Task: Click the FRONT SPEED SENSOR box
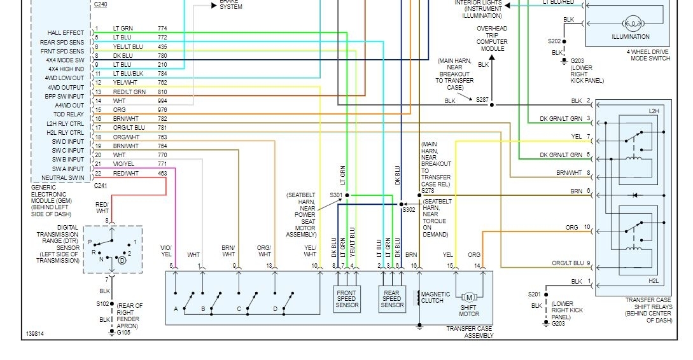(347, 298)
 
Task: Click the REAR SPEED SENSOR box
(392, 298)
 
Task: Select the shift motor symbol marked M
(469, 297)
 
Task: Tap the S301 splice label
(336, 195)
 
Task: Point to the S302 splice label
(409, 209)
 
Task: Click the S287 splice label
(482, 100)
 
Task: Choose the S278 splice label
(428, 190)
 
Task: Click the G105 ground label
(123, 332)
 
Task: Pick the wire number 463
(163, 173)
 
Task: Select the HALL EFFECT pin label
(66, 33)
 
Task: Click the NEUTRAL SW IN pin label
(63, 178)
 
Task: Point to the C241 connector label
(101, 186)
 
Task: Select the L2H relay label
(654, 111)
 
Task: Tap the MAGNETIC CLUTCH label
(435, 297)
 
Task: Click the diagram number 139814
(35, 333)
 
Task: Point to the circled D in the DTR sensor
(122, 260)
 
